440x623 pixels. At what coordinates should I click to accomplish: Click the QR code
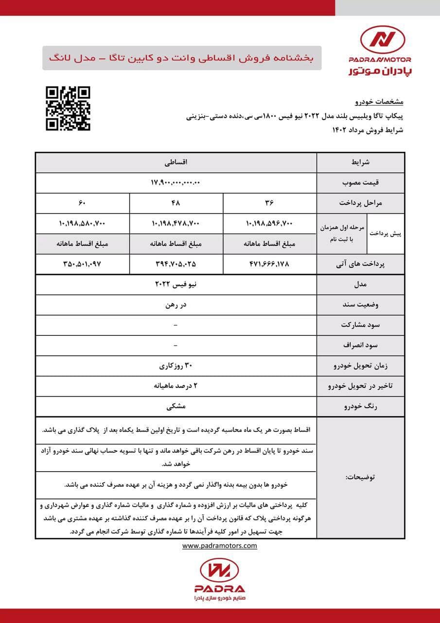click(x=68, y=109)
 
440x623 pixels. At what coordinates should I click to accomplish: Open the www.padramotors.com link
click(x=220, y=546)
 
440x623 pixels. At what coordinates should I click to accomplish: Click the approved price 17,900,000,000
click(x=176, y=183)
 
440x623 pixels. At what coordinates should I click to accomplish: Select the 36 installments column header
click(x=270, y=202)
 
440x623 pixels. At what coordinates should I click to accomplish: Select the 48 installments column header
click(x=176, y=202)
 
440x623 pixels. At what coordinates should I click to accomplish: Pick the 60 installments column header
click(x=82, y=202)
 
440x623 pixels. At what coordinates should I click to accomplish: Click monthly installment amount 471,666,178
click(x=270, y=263)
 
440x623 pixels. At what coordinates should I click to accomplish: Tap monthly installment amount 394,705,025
click(x=176, y=263)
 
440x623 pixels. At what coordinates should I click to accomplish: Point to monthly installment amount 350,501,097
click(x=82, y=263)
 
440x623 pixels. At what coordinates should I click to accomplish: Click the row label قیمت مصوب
click(x=361, y=183)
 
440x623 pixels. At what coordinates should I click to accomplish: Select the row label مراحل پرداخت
click(x=361, y=202)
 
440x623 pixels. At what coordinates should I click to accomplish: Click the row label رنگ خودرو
click(x=361, y=405)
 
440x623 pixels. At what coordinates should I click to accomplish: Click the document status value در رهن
click(x=176, y=305)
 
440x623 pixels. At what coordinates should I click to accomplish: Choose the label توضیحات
click(x=360, y=477)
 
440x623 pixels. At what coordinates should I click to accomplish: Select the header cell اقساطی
click(x=176, y=163)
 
